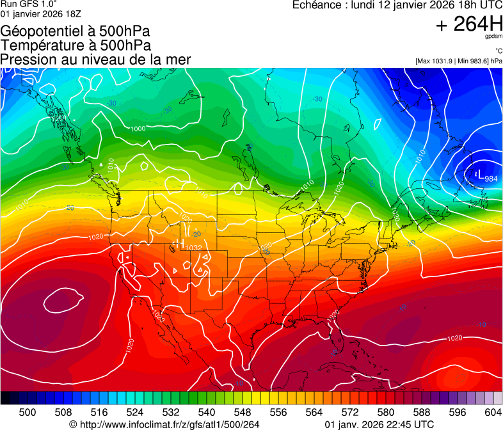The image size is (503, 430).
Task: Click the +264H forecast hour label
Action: point(468,24)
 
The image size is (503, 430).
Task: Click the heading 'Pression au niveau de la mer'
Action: point(95,60)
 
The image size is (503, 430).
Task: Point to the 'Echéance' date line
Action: point(397,5)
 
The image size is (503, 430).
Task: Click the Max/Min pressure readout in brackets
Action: point(458,61)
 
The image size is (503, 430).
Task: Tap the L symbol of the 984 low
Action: point(480,174)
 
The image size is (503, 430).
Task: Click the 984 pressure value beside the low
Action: point(491,179)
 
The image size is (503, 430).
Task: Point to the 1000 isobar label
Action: point(138,129)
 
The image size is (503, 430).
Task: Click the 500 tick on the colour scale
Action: point(28,412)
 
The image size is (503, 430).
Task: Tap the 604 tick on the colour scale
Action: point(493,412)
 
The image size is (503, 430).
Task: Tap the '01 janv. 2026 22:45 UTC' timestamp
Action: point(379,424)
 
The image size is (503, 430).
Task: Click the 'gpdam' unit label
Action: point(493,38)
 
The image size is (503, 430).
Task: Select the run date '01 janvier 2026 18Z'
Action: point(41,13)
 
